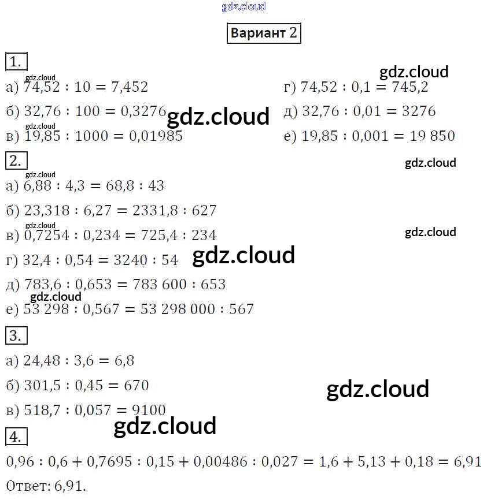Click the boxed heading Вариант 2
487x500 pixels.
pyautogui.click(x=264, y=32)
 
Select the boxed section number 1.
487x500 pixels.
pyautogui.click(x=16, y=61)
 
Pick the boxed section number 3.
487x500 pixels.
pyautogui.click(x=16, y=335)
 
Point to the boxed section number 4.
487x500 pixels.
pyautogui.click(x=16, y=436)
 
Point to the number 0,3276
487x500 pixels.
pyautogui.click(x=143, y=111)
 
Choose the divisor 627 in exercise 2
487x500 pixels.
pyautogui.click(x=204, y=211)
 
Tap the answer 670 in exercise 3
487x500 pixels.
pyautogui.click(x=136, y=385)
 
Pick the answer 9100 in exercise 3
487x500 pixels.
pyautogui.click(x=149, y=411)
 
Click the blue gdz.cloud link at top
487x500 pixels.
pyautogui.click(x=244, y=6)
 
